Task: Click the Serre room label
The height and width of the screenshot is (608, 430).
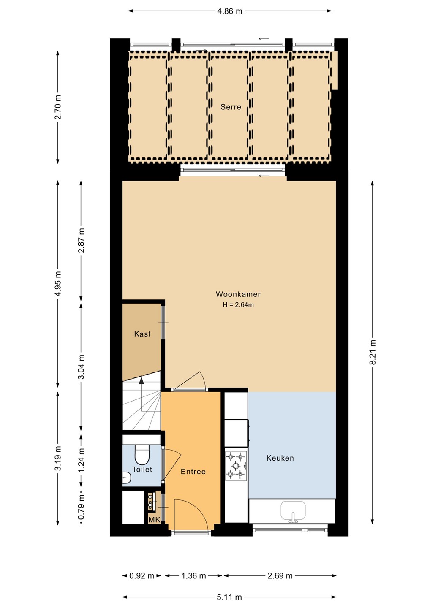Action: pos(231,107)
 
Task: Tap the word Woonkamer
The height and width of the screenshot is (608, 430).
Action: pos(238,294)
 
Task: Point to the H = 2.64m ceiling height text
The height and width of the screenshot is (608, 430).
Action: pos(238,305)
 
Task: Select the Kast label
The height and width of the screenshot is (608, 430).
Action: pos(142,334)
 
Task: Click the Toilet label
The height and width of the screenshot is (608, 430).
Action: pos(142,470)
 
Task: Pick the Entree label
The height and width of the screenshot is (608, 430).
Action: pos(193,472)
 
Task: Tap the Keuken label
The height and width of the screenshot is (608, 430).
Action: pos(280,458)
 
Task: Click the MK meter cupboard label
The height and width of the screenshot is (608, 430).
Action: pos(154,520)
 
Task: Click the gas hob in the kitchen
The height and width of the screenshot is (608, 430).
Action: pos(236,466)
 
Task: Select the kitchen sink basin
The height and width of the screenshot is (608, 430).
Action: pos(293,510)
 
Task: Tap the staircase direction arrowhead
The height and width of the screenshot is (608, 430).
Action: pos(141,381)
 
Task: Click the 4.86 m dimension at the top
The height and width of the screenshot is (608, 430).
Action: pos(229,11)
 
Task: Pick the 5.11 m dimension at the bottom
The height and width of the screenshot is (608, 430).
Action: pos(229,597)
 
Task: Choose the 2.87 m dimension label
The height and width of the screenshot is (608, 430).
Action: pos(81,240)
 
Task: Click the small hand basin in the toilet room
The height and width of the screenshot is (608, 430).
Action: pos(126,478)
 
